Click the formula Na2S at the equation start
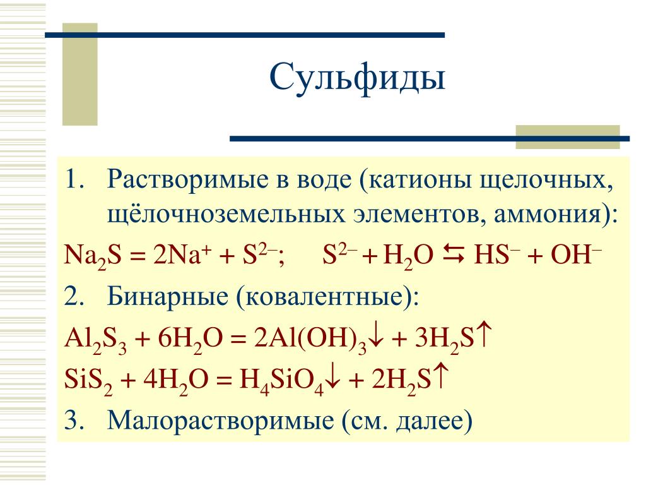(x=93, y=256)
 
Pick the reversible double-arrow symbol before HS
(x=454, y=254)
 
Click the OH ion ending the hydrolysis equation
(x=576, y=254)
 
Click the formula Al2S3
(x=95, y=340)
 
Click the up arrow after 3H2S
(x=484, y=336)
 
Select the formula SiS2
(x=88, y=380)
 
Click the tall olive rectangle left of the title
(x=80, y=75)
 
